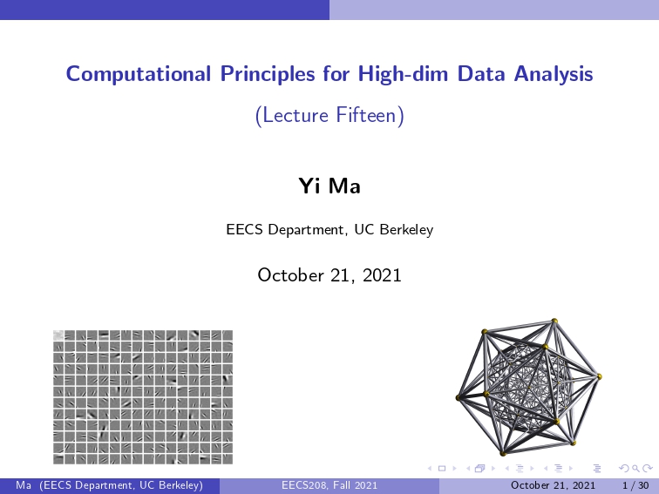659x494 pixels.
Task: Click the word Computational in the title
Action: point(139,74)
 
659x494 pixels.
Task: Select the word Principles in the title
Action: point(268,74)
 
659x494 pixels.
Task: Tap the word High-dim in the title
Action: point(403,73)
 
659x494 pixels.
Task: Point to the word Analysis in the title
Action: point(553,74)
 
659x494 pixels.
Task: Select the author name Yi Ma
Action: point(329,186)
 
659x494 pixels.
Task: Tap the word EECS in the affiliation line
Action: point(245,229)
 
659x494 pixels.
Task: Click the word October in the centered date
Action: point(291,275)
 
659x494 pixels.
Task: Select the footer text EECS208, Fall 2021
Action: point(329,485)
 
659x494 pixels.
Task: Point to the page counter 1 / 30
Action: point(635,485)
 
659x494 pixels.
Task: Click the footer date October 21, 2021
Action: point(553,485)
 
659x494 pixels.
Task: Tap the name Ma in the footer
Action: point(24,485)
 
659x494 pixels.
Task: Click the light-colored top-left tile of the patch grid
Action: point(58,335)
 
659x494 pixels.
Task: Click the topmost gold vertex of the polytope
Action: point(554,321)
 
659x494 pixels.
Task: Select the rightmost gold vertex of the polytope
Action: point(600,376)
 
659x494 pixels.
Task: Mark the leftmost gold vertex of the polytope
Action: point(459,397)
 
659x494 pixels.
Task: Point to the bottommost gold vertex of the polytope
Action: point(503,453)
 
